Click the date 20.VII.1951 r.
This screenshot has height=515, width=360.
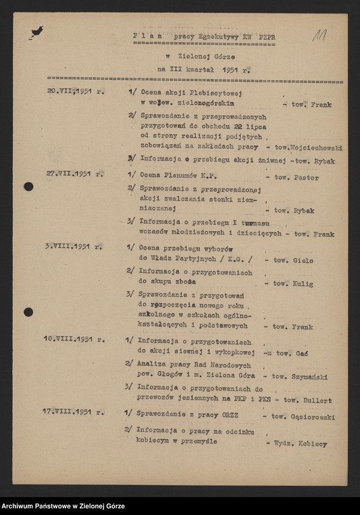click(x=76, y=91)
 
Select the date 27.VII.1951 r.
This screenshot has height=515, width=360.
click(x=75, y=174)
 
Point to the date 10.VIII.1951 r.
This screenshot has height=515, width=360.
click(x=74, y=338)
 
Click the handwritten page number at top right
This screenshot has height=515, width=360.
click(x=319, y=36)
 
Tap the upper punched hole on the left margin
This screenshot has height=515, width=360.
click(x=28, y=186)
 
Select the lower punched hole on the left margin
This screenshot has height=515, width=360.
click(x=28, y=312)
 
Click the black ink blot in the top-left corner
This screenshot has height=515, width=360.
click(x=36, y=32)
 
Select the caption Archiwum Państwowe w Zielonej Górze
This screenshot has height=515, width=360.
click(x=63, y=506)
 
